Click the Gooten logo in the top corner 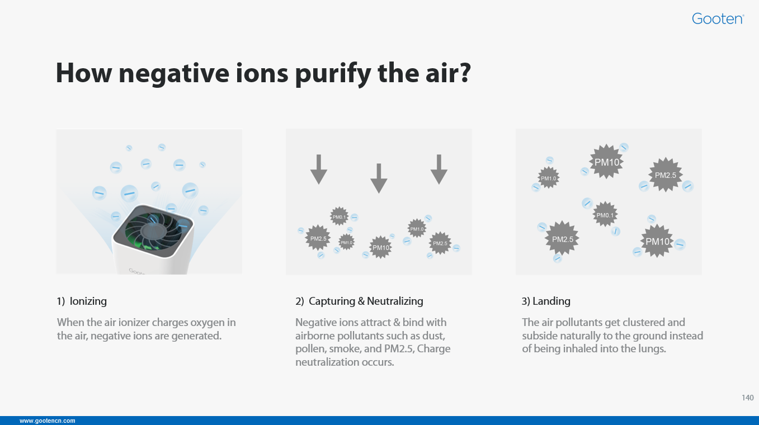pos(718,18)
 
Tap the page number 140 pos(748,398)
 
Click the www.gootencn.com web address pos(48,421)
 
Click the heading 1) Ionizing pos(82,301)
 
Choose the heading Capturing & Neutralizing pos(366,301)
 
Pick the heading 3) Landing pos(546,301)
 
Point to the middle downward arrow pos(379,178)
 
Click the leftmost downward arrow pos(319,169)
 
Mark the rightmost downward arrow pos(439,169)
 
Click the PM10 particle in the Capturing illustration pos(380,248)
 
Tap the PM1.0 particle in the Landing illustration pos(549,178)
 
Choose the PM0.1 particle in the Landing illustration pos(605,215)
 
